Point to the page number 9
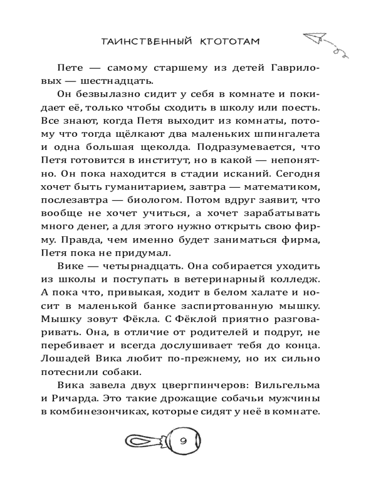183,442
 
